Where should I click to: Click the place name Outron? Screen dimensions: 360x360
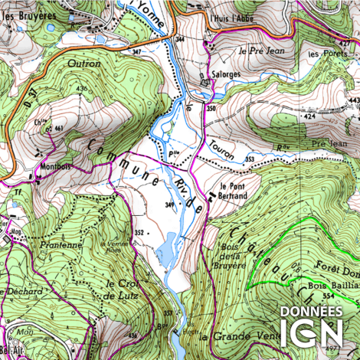point(84,64)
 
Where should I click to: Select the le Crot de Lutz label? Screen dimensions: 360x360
point(120,290)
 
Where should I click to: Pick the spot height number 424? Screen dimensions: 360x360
point(309,117)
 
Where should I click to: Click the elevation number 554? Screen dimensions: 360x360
point(328,295)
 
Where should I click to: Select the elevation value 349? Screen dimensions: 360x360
point(171,205)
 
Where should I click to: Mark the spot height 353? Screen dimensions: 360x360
point(250,159)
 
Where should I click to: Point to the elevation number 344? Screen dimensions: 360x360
point(181,38)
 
